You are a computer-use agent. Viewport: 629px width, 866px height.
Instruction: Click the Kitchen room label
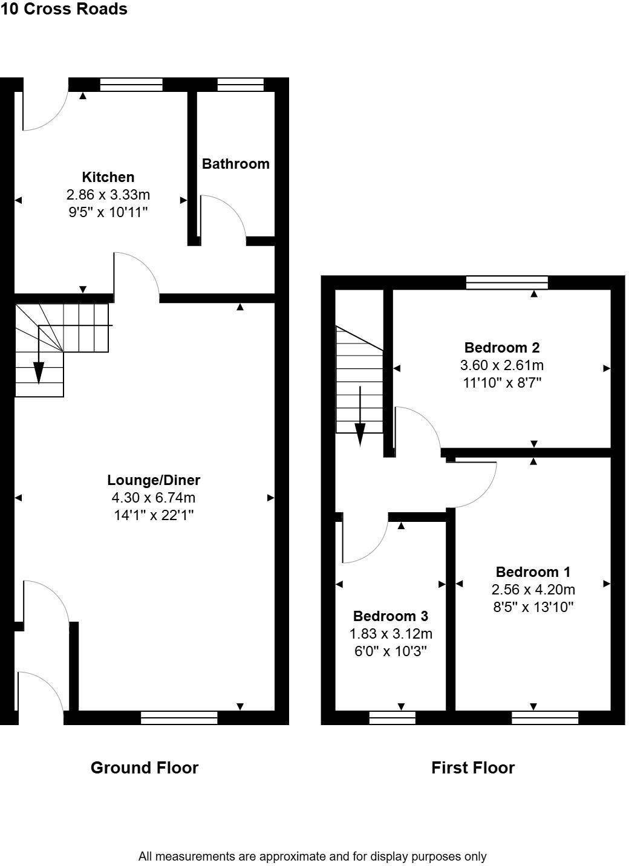(x=108, y=177)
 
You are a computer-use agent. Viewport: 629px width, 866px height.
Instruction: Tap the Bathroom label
(x=235, y=164)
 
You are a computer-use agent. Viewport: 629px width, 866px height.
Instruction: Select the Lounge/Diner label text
(x=154, y=480)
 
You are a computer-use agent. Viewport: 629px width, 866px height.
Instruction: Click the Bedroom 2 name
(x=501, y=348)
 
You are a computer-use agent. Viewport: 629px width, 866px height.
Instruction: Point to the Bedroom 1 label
(x=533, y=572)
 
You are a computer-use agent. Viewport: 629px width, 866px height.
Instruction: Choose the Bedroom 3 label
(x=391, y=616)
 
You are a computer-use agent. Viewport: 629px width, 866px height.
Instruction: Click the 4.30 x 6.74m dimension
(x=154, y=498)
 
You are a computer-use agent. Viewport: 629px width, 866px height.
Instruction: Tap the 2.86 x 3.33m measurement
(x=108, y=195)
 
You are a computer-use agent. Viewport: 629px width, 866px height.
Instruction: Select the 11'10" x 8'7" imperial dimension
(x=501, y=383)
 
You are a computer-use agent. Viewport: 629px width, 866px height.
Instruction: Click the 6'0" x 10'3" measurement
(x=391, y=651)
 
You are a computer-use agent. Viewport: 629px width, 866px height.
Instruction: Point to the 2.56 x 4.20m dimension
(x=533, y=590)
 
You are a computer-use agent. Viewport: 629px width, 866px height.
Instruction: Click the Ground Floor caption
(x=145, y=768)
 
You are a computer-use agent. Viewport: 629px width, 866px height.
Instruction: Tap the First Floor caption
(x=473, y=768)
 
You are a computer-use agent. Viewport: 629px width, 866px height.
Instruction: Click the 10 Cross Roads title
(x=64, y=9)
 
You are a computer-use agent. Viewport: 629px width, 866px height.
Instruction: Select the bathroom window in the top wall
(x=240, y=85)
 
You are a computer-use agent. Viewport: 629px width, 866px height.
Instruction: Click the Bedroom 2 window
(x=507, y=282)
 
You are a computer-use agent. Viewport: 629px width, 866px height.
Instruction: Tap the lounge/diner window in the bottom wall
(x=179, y=718)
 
